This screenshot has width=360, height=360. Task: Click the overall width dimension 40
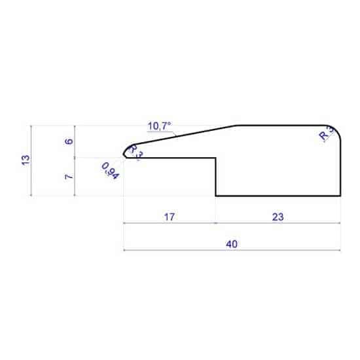pos(230,243)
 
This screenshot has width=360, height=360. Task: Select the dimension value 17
pos(169,217)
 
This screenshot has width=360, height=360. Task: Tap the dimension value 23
pos(278,217)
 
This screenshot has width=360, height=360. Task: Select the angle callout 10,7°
pos(159,125)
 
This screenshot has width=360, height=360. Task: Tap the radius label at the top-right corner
pos(325,134)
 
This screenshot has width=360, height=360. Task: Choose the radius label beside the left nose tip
pos(135,151)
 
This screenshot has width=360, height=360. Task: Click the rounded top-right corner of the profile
pos(337,129)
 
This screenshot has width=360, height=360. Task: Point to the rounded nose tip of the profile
pos(125,153)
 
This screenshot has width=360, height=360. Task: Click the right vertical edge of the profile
pos(341,167)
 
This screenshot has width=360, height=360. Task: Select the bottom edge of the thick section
pos(278,196)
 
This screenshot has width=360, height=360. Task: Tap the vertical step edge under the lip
pos(216,177)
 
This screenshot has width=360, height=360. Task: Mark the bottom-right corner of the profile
pos(341,196)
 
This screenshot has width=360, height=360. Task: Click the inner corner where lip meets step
pos(216,157)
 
